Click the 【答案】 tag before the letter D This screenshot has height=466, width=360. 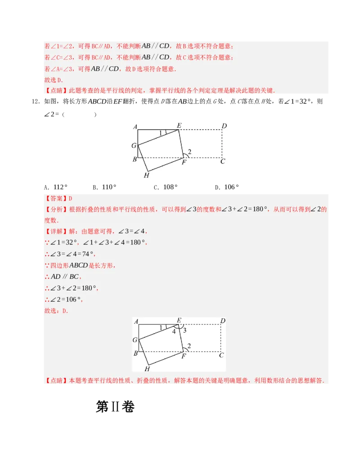tap(56, 199)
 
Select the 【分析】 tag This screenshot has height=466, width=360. tap(56, 209)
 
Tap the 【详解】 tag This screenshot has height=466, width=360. tap(56, 231)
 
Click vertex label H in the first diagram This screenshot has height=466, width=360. tap(146, 175)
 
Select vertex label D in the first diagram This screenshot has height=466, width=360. tap(224, 126)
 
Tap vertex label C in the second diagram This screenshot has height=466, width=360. tap(221, 355)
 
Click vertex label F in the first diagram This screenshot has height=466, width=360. tap(184, 163)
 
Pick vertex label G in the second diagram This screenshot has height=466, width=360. tap(135, 340)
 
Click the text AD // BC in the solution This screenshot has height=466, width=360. tap(65, 277)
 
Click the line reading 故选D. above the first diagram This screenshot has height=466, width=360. tap(54, 80)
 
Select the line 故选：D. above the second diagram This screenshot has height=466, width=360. tap(56, 311)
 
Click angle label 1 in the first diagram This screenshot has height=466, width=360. tap(161, 133)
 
